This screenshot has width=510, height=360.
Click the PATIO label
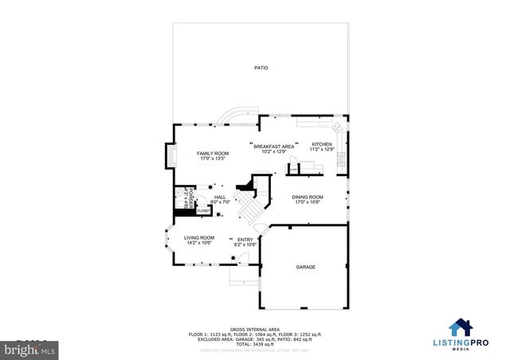(261, 68)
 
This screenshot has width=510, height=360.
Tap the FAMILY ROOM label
(213, 153)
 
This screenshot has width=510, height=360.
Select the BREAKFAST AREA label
(273, 147)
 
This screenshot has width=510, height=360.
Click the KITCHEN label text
(321, 144)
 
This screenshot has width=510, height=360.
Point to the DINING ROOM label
(307, 197)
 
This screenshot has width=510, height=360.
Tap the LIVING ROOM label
(199, 237)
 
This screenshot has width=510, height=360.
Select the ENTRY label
(245, 239)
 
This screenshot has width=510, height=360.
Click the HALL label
(220, 197)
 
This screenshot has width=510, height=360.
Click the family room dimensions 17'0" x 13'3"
(213, 158)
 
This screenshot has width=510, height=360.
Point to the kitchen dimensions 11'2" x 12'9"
(321, 150)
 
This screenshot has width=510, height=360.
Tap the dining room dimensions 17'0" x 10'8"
(307, 202)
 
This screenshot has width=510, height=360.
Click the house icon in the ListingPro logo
(460, 327)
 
